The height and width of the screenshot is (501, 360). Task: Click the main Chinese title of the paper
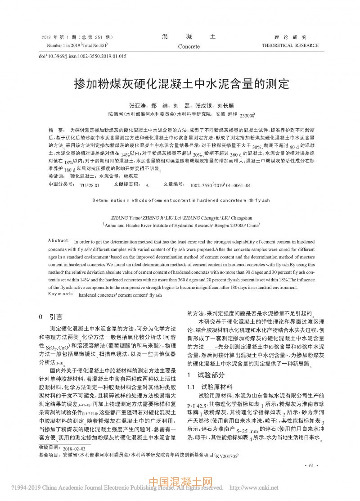tap(180, 84)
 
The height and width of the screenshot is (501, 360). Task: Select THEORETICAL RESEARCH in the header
tap(290, 45)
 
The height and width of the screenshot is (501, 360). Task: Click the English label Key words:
tap(61, 294)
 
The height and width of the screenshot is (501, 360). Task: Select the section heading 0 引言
tap(51, 317)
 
